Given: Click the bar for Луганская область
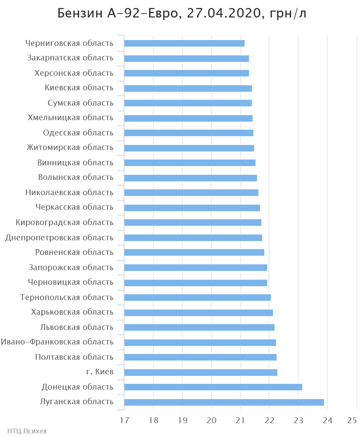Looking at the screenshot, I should [x=224, y=402].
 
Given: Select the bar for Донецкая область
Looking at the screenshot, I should [x=213, y=387].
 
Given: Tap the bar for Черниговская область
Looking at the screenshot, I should [x=184, y=43].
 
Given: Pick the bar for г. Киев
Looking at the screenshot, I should [x=201, y=372].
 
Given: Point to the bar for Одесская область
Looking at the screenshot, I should [x=189, y=133].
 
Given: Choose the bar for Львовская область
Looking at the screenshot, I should [x=199, y=327].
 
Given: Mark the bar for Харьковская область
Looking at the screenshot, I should [x=198, y=312].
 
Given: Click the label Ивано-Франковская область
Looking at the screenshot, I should [x=57, y=342].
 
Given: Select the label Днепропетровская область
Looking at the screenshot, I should [x=59, y=238].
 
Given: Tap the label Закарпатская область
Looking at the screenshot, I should [x=70, y=58].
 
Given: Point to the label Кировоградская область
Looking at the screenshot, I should [x=64, y=223].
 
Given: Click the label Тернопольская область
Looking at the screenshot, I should [x=67, y=298].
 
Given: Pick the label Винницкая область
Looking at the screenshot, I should [x=75, y=163].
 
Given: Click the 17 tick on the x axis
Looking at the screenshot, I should [x=124, y=420].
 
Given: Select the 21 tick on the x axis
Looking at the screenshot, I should [x=240, y=420].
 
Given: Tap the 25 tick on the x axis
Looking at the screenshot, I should [x=352, y=420].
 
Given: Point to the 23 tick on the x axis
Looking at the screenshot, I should [x=298, y=420].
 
